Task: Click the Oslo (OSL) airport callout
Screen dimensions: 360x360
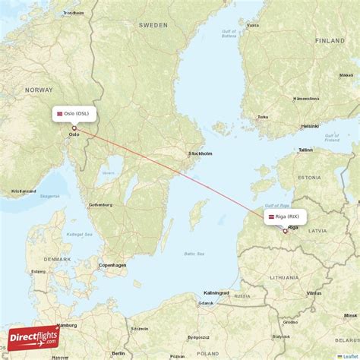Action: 74,113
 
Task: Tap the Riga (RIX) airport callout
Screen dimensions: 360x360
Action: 286,216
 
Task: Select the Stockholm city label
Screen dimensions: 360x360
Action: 201,153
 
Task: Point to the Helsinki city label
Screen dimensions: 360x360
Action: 309,126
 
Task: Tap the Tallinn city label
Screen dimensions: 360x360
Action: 305,150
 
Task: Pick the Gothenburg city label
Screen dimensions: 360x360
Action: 100,205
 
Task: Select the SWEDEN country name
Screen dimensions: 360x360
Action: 153,25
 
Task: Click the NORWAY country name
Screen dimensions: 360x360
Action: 39,90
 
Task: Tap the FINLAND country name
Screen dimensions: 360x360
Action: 330,39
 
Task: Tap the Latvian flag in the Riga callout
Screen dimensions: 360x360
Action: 270,216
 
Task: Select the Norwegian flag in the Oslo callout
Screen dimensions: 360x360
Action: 59,113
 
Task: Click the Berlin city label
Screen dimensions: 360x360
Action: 118,353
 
